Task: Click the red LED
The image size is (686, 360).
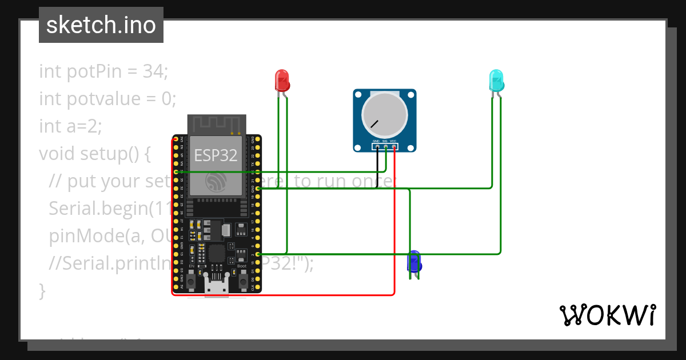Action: tap(282, 81)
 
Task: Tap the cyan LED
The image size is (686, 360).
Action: tap(496, 81)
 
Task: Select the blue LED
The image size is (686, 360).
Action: tap(414, 262)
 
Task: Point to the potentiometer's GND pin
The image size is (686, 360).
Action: tap(377, 147)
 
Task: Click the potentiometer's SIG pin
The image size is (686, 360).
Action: tap(385, 147)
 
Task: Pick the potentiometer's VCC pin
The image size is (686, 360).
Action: tap(394, 147)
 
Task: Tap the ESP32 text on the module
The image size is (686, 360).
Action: tap(216, 155)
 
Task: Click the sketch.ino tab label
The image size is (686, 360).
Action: tap(101, 25)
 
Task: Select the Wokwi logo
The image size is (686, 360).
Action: tap(607, 315)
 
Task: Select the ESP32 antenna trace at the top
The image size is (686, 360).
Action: tap(217, 122)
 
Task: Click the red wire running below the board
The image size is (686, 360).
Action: tap(286, 295)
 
